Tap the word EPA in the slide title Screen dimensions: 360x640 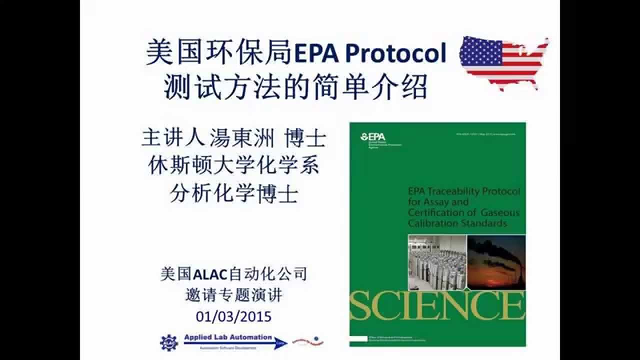[x=313, y=53]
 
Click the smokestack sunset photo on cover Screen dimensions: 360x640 [x=496, y=262]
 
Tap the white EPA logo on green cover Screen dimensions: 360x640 [x=371, y=136]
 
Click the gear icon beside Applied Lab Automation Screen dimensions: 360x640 [x=168, y=342]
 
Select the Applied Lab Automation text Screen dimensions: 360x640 [x=227, y=337]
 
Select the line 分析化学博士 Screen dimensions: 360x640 [x=233, y=193]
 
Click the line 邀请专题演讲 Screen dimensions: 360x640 [x=233, y=295]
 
